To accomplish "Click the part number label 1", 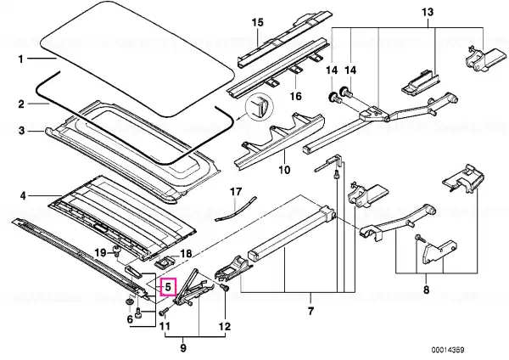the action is click(x=20, y=59).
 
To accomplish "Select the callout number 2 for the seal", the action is click(x=21, y=104).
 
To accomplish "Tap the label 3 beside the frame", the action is click(x=21, y=131).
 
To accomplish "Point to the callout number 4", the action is click(x=22, y=196).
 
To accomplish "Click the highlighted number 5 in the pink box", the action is click(x=168, y=287).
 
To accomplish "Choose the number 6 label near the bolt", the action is click(x=130, y=319).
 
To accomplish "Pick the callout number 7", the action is click(x=311, y=311).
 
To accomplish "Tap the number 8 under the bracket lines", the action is click(x=426, y=289).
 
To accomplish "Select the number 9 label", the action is click(x=183, y=348).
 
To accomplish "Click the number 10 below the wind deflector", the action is click(x=284, y=169).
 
